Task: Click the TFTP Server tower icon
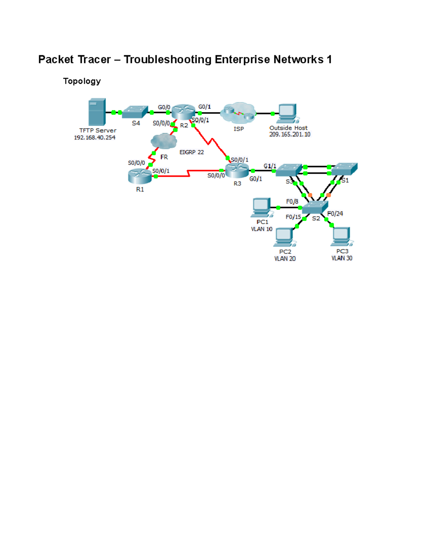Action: coord(97,112)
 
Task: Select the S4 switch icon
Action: coord(135,112)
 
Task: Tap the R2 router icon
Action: coord(183,112)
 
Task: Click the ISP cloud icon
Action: coord(238,113)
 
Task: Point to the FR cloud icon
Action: coord(164,141)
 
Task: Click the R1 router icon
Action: coord(140,176)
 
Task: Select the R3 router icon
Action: coord(237,170)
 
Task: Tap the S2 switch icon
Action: coord(315,207)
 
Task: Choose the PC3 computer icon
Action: coord(341,236)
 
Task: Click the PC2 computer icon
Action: coord(285,237)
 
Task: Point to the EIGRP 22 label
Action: coord(191,152)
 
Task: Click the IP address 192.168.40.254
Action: coord(95,137)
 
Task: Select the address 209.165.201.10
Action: coord(290,135)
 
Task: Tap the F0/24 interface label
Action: coord(335,214)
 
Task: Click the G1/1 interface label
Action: coord(270,166)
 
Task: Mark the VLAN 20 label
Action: coord(285,259)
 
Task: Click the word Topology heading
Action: coord(82,81)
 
